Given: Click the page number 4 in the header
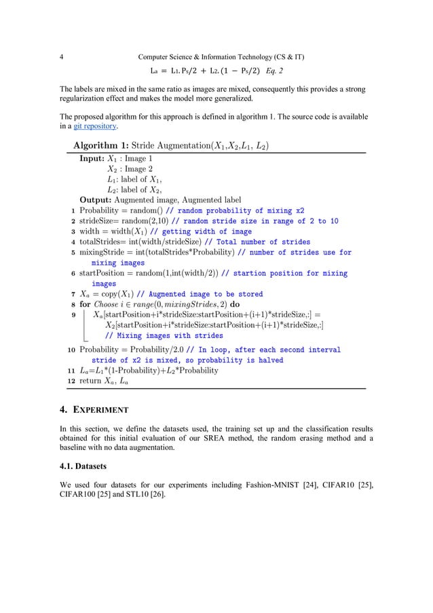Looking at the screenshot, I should tap(62, 57).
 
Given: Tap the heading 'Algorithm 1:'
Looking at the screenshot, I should tap(104, 145).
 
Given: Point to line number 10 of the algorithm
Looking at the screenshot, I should tap(71, 350).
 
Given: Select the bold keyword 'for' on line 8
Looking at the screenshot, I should tap(86, 305).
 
